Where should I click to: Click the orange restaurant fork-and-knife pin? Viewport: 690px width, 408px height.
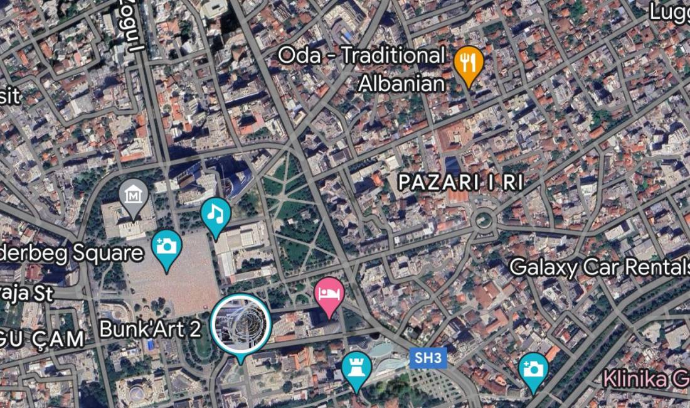point(468,63)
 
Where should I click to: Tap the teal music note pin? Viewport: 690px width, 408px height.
point(215,215)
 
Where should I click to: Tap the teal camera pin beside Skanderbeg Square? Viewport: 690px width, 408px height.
point(166,246)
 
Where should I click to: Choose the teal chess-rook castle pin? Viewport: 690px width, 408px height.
point(356,367)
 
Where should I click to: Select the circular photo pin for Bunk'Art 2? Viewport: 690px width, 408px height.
point(240,323)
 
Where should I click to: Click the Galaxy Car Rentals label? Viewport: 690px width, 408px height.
point(599,267)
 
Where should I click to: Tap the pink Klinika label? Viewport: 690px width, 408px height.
point(646,379)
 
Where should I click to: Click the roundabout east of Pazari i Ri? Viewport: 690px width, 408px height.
point(482,220)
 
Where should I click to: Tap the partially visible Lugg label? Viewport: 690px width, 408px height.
point(669,11)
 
